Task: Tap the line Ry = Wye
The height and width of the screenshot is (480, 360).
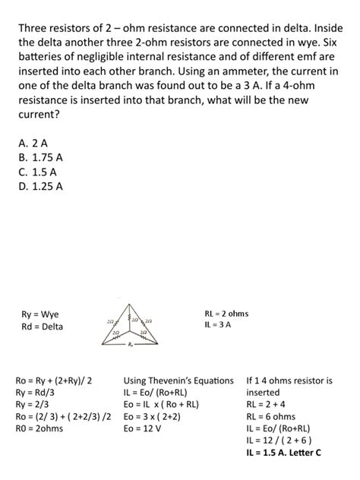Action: pos(40,314)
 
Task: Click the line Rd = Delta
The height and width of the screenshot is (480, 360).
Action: pos(42,327)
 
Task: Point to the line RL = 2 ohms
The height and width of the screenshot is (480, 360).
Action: pos(226,314)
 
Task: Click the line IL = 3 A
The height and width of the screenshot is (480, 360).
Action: pos(217,325)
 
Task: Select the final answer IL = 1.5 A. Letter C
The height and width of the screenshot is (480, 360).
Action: pos(283,453)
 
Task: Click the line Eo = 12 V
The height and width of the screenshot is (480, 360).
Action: pos(142,428)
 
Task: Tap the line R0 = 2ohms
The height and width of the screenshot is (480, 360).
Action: pos(39,428)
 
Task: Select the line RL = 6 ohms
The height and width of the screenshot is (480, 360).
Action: pos(270,416)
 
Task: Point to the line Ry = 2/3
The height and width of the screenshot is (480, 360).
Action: pos(35,404)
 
